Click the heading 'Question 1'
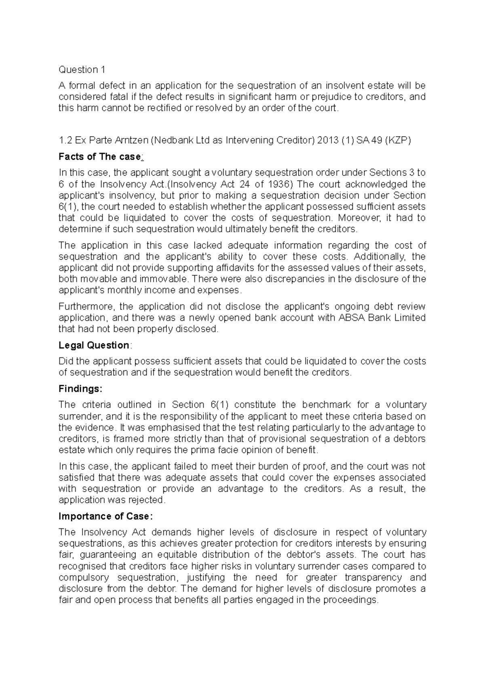click(x=82, y=70)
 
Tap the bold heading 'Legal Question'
click(x=93, y=345)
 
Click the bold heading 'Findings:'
click(x=80, y=389)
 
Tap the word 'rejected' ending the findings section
click(x=145, y=500)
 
